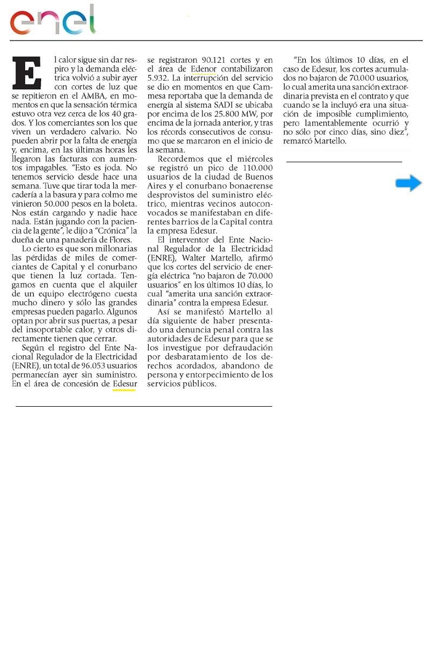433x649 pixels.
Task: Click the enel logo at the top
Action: tap(53, 20)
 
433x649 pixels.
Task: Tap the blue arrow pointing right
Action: tap(408, 184)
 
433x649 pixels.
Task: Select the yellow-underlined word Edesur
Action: tap(124, 384)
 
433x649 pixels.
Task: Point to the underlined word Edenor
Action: tap(204, 69)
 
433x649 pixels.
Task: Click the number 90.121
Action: tap(203, 59)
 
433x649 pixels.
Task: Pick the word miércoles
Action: tap(253, 159)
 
